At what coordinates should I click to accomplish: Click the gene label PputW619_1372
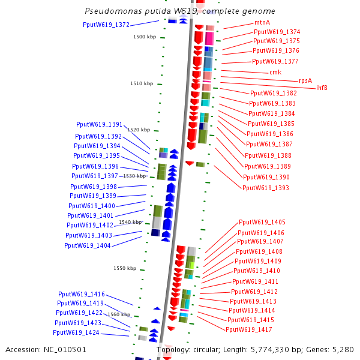(106, 25)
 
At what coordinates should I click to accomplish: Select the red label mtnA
(262, 23)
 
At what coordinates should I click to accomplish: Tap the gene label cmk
(275, 72)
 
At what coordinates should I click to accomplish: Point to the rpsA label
(305, 80)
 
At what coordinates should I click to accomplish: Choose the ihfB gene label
(322, 88)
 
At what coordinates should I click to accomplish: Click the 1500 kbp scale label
(144, 37)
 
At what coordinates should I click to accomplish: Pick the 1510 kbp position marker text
(142, 83)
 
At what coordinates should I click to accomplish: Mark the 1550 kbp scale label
(125, 268)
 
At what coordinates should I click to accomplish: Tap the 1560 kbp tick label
(119, 314)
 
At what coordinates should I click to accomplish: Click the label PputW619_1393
(266, 188)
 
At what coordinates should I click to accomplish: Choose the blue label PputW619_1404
(87, 245)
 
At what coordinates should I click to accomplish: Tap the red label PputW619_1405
(262, 222)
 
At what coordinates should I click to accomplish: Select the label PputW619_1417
(249, 329)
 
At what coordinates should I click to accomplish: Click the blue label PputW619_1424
(76, 332)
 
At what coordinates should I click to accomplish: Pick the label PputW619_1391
(99, 124)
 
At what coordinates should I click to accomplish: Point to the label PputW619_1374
(277, 32)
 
